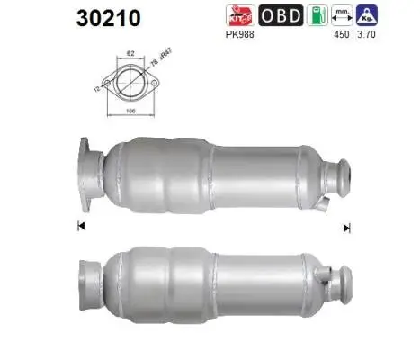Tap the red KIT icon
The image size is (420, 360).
tap(241, 15)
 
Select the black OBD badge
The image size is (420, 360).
tap(281, 15)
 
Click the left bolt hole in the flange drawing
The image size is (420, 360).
tap(107, 84)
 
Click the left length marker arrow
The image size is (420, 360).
tap(82, 226)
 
